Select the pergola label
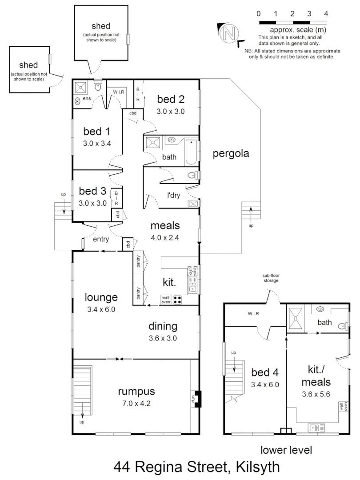click(230, 154)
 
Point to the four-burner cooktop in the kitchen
click(177, 300)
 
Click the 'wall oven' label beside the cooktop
click(166, 300)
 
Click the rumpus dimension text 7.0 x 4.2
click(136, 404)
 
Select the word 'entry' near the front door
click(101, 239)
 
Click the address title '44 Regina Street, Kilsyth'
click(196, 467)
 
